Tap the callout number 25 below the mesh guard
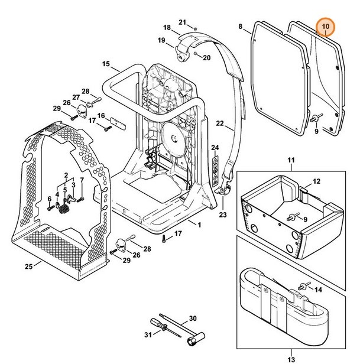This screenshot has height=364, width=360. pos(28,266)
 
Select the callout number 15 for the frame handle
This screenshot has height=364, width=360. pos(106,64)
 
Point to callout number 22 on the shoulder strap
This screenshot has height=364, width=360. pos(220,123)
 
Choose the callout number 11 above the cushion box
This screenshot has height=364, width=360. pos(290,161)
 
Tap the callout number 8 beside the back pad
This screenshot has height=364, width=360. pos(241,27)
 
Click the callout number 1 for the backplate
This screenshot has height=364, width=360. pos(199,225)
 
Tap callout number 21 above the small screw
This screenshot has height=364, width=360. pos(182,21)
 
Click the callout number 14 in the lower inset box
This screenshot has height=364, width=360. pos(318,290)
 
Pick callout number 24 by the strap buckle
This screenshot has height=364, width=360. pos(215,147)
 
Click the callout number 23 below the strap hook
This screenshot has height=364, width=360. pos(223,215)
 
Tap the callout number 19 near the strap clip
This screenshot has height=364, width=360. pos(161,40)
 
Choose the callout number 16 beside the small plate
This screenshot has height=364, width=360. pos(101,115)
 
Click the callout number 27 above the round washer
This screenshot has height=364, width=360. pos(76,97)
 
